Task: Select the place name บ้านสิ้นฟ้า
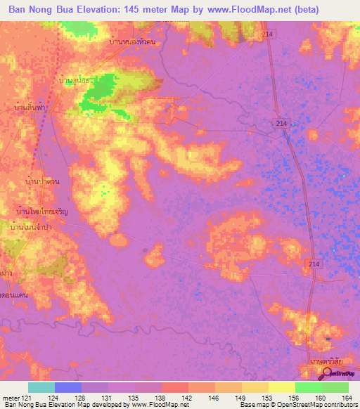click(x=31, y=109)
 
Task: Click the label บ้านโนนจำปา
click(x=32, y=227)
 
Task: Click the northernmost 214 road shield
click(x=272, y=34)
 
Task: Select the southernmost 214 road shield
click(x=314, y=263)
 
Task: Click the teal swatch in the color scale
click(x=41, y=387)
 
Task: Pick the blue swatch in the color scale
click(x=68, y=387)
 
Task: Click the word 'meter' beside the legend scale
click(x=12, y=398)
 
